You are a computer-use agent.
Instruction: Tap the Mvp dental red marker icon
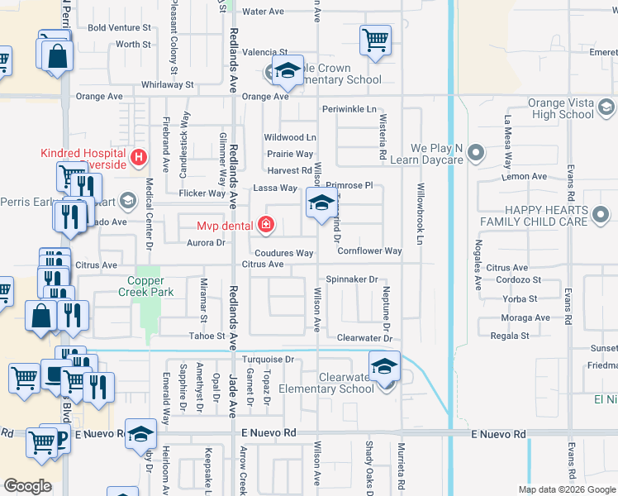pos(265,225)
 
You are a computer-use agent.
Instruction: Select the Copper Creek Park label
pos(145,286)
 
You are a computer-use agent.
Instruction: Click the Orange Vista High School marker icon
pos(606,108)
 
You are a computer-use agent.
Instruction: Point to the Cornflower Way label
pos(369,250)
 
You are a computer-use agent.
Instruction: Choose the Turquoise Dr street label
pos(269,360)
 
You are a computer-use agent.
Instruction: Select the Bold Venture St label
pos(120,27)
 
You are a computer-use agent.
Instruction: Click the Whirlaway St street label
pos(167,84)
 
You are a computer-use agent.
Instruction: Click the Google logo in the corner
pos(28,486)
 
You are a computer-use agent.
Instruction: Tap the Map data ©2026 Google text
pos(566,489)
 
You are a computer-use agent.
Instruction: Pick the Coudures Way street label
pos(283,253)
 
